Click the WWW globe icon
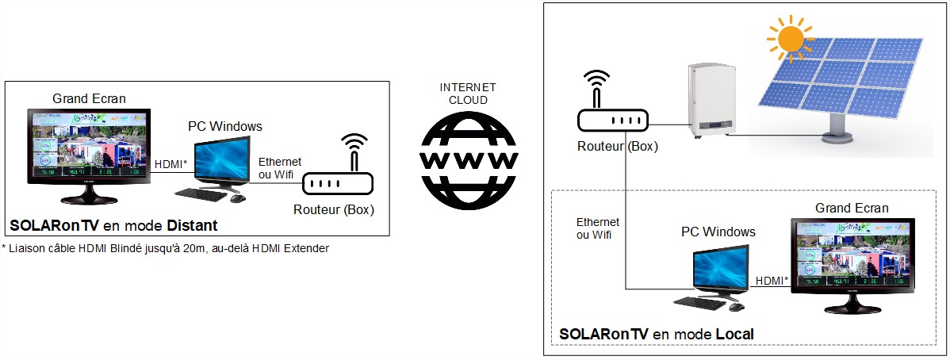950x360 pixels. [x=469, y=159]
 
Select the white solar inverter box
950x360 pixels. [x=708, y=102]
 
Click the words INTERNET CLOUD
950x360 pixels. [x=469, y=94]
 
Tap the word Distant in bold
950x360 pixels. [x=192, y=226]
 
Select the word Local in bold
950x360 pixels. [x=734, y=334]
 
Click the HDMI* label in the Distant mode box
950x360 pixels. [x=171, y=164]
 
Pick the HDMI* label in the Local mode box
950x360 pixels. [x=772, y=280]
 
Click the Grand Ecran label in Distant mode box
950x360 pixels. [x=89, y=98]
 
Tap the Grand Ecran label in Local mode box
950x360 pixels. [x=852, y=208]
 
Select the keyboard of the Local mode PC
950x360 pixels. [x=699, y=303]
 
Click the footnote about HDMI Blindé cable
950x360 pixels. [x=165, y=248]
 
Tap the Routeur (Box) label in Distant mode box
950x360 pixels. [x=334, y=210]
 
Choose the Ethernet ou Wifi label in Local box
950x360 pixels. [x=598, y=228]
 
